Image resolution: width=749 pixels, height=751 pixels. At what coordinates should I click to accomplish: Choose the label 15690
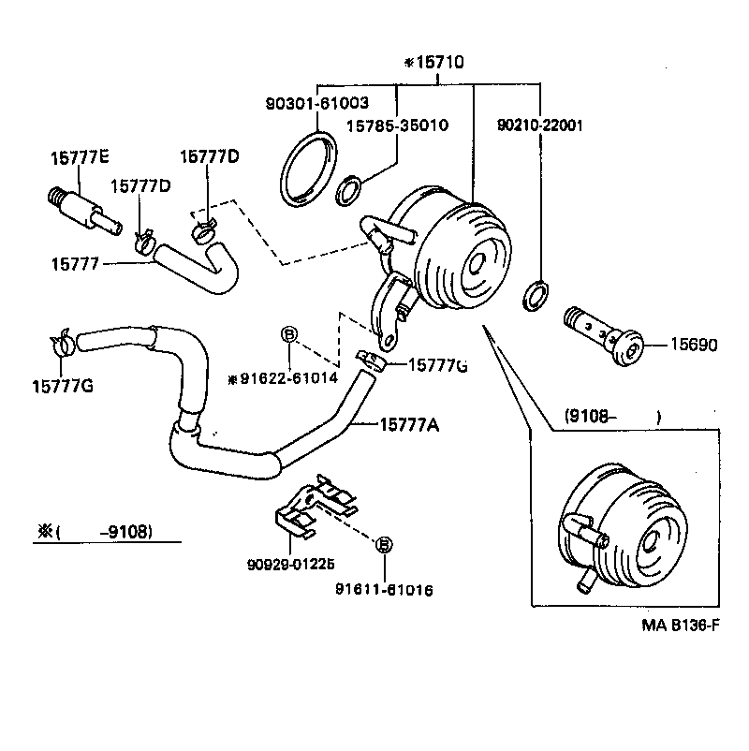click(693, 345)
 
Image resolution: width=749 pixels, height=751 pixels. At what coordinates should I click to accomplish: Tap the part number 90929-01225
click(291, 564)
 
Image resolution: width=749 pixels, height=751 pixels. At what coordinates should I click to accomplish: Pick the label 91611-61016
click(384, 590)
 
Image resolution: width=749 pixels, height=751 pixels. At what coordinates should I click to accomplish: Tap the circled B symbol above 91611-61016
click(384, 543)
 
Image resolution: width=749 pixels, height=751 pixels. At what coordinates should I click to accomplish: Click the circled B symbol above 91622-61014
click(289, 334)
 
